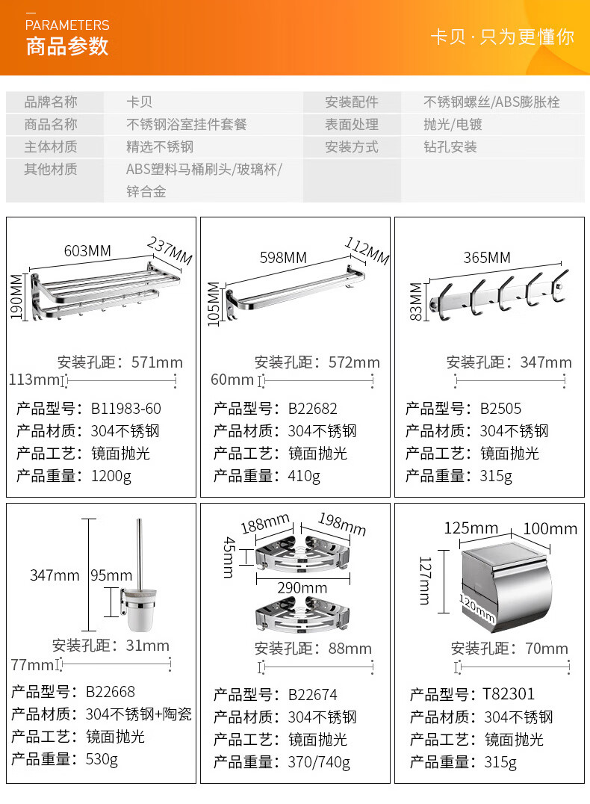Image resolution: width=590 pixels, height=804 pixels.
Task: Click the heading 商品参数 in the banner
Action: pos(67,46)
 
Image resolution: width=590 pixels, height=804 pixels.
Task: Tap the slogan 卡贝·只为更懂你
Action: pos(502,37)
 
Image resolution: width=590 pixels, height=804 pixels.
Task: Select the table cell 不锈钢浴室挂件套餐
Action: pos(186,125)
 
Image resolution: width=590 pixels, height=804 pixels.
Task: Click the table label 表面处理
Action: pos(351,125)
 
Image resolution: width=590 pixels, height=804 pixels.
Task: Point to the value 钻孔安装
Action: pos(450,147)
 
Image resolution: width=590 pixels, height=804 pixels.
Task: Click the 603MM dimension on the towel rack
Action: pos(87,251)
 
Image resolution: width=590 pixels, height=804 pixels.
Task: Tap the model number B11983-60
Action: pos(126,409)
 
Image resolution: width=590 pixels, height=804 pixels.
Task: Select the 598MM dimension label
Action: pos(283,257)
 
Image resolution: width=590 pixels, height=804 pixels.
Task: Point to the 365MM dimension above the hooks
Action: pos(487,258)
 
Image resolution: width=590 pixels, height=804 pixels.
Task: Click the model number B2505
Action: pos(500,409)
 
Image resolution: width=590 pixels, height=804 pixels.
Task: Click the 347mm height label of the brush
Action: pos(54,575)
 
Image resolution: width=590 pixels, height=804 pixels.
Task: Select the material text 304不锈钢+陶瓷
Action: pos(139,714)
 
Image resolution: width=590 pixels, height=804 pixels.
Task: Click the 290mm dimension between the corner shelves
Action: pos(302,588)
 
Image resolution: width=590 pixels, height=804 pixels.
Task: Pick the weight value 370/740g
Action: pos(319,762)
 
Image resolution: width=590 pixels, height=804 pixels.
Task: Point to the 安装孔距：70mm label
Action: pos(509,649)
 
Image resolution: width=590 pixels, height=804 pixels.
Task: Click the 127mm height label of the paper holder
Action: pos(424,580)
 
